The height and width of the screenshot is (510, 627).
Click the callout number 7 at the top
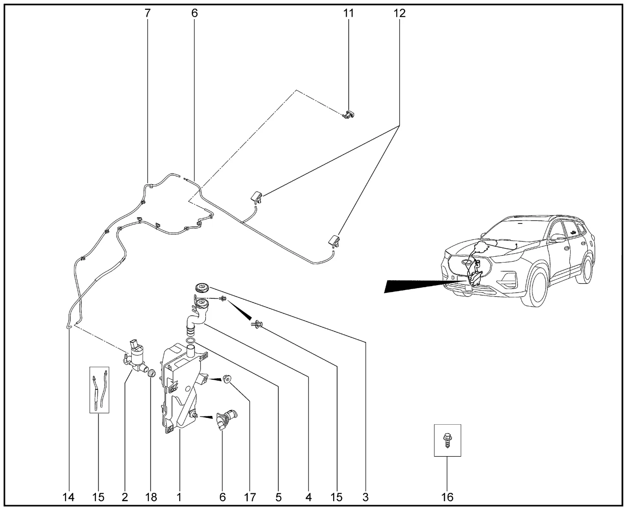(147, 13)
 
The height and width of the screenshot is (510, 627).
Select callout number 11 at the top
(348, 13)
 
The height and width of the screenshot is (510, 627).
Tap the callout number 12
(399, 13)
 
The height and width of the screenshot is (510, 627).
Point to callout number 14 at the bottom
(69, 497)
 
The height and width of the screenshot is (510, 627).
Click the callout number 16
(447, 497)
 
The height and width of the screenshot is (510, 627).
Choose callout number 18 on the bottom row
(151, 497)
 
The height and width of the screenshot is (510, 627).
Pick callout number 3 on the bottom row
(365, 497)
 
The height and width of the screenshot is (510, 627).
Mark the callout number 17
(250, 497)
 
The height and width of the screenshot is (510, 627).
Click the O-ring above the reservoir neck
(191, 340)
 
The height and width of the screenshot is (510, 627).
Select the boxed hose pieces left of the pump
(98, 389)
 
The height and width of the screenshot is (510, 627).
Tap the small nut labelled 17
(227, 379)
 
